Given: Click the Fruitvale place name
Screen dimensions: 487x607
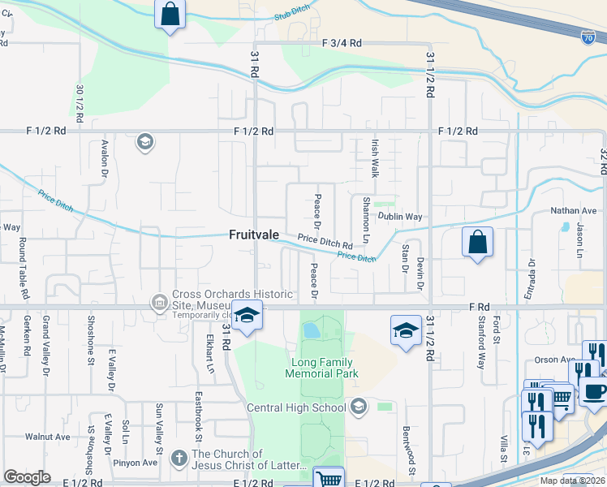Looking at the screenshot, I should point(253,234).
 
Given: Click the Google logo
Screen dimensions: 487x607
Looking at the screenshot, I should point(27,477).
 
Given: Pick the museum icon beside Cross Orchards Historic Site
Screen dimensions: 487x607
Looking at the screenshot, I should point(158,303).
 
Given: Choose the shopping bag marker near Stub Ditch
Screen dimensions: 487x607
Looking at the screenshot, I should point(170,15).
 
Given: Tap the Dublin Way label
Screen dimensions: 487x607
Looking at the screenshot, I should point(403,217).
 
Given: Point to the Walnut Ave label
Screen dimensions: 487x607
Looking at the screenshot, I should point(47,436).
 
